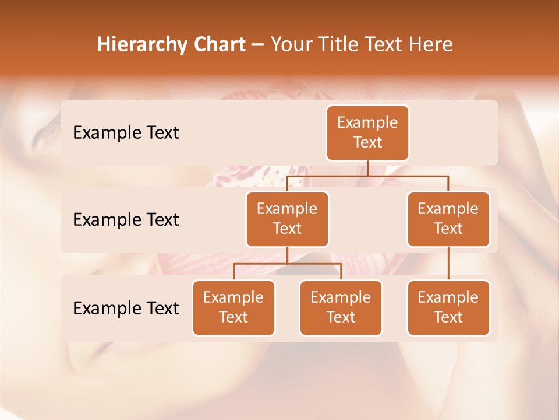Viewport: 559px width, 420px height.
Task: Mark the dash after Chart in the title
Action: (257, 45)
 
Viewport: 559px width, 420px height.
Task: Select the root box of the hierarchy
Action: (367, 133)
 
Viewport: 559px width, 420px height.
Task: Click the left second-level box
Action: (287, 219)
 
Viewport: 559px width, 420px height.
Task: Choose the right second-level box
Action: (448, 219)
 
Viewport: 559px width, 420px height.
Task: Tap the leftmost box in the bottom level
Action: (233, 307)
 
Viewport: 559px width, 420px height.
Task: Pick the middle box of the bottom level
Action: (341, 307)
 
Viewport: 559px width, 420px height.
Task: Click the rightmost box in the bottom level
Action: (448, 307)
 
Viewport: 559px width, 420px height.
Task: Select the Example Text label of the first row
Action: (126, 133)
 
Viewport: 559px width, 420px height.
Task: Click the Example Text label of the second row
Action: (126, 220)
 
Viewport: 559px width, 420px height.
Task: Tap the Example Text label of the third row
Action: (126, 308)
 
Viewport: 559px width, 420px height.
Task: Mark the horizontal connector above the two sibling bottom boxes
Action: (314, 264)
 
